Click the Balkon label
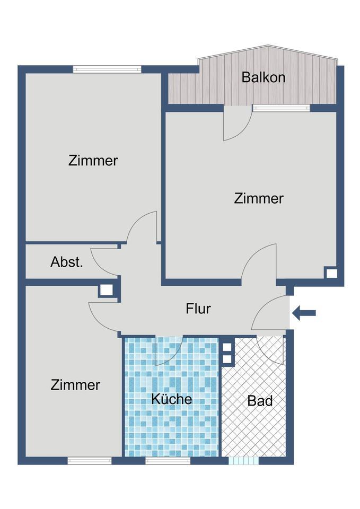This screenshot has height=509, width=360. point(264,77)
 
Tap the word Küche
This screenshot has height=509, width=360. point(171,399)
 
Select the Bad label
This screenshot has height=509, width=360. point(260,401)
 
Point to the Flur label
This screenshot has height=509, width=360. point(198,309)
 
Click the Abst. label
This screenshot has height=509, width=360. point(67,262)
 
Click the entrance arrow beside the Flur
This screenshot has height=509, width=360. point(304,313)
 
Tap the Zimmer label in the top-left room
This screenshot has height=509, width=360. point(93,161)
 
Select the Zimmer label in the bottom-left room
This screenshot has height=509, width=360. point(75,385)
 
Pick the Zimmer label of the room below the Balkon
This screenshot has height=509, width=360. point(259,198)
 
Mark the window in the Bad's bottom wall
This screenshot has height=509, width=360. point(244,461)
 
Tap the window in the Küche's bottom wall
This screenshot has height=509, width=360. point(168,461)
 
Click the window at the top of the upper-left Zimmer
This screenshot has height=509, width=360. point(107,69)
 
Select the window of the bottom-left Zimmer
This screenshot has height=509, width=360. point(90,461)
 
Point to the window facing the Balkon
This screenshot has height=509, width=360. point(281,108)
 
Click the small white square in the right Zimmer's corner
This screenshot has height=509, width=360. point(331,274)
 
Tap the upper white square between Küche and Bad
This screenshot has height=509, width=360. point(227,347)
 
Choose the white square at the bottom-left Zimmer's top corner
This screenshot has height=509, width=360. point(106,291)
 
